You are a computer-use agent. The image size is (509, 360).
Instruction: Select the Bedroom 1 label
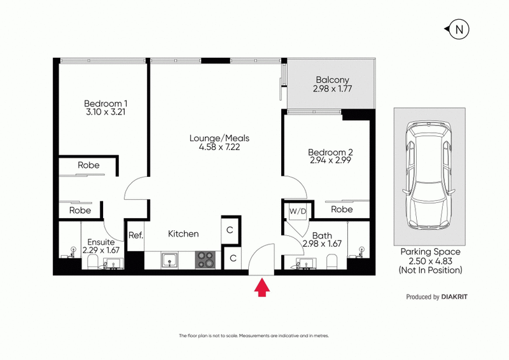click(106, 104)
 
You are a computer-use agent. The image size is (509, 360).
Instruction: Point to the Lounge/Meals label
click(220, 137)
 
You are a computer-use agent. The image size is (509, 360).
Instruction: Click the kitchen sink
click(169, 259)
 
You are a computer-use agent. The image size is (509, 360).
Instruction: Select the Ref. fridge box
click(136, 235)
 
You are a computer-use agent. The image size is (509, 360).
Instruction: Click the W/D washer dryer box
click(296, 211)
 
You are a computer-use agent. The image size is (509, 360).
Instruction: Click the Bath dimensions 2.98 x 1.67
click(322, 244)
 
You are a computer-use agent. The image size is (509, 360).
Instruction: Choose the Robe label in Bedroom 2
click(342, 209)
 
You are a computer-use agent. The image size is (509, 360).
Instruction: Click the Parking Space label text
click(429, 252)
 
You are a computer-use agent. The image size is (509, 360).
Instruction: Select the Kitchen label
click(183, 234)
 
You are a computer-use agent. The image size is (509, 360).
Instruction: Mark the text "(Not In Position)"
click(430, 270)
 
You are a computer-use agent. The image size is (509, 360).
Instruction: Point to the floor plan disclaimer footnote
click(254, 335)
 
